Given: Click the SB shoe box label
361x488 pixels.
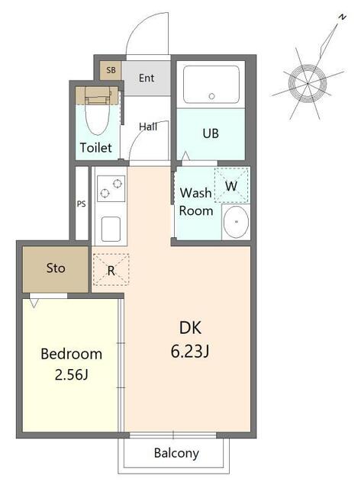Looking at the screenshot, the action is tap(111, 70).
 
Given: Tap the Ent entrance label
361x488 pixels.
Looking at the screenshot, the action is tap(147, 78).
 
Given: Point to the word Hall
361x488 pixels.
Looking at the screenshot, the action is tap(148, 127).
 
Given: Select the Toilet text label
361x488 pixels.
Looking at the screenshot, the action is tap(96, 147).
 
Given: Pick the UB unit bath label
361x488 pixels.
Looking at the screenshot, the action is tap(211, 133).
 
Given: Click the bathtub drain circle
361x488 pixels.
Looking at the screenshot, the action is tap(212, 96).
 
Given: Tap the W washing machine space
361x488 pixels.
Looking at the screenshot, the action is tap(231, 186).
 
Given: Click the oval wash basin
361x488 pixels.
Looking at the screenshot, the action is tap(236, 222).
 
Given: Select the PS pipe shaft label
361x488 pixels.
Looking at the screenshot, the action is tap(82, 204).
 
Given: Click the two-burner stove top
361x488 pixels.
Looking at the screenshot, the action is tap(111, 188).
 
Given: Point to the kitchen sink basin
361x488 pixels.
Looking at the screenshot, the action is tap(111, 229).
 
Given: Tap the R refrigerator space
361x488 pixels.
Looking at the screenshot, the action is tap(111, 269).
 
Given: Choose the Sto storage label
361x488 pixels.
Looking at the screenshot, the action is tap(56, 268).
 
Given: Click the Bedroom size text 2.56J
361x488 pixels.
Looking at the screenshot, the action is tap(71, 374).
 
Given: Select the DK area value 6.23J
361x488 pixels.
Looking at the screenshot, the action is tap(190, 352).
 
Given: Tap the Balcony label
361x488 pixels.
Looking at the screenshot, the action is tap(176, 453).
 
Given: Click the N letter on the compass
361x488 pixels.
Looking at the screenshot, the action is tap(343, 17).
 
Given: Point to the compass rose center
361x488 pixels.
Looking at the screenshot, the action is tap(308, 83).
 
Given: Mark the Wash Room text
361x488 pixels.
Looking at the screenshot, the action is tap(197, 201).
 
